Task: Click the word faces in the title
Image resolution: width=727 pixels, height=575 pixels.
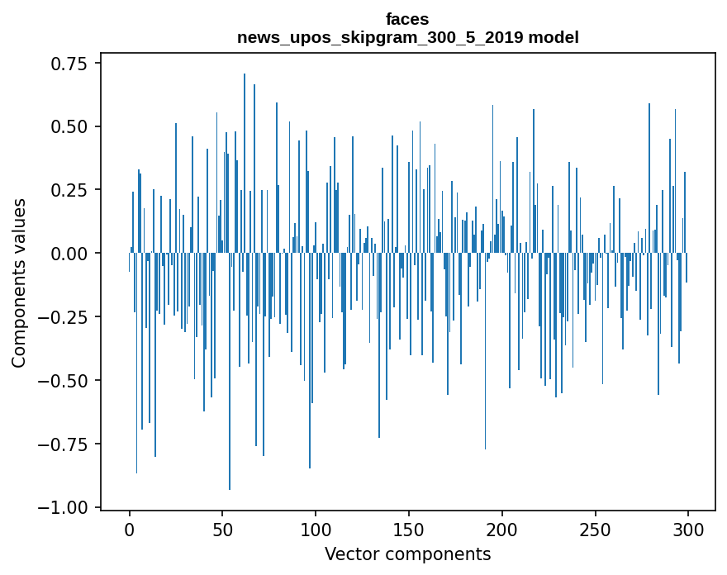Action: click(407, 19)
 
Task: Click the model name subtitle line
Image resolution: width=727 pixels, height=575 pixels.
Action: click(407, 37)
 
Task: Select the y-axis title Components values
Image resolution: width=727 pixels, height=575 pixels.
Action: click(18, 283)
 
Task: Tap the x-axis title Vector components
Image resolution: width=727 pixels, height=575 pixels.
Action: click(407, 554)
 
